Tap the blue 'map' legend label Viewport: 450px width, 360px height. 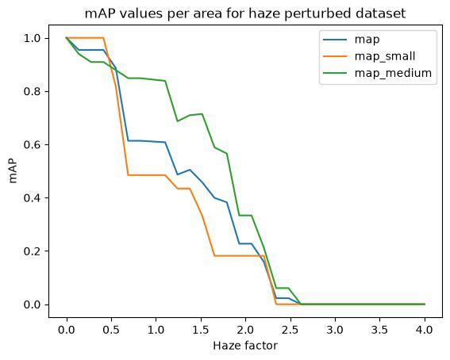coord(367,40)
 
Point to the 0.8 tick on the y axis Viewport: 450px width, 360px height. coord(32,92)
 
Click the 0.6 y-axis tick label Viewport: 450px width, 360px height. coord(32,145)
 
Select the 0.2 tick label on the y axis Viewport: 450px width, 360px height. coord(32,251)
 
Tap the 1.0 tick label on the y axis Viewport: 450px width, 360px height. coord(32,38)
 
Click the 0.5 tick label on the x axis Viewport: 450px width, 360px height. coord(111,330)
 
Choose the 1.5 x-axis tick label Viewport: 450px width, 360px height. coord(201,330)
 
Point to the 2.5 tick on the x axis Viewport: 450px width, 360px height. coord(290,330)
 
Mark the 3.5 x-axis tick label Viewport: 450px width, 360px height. coord(379,330)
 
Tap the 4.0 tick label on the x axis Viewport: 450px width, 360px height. coord(425,330)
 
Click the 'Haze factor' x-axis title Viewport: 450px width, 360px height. coord(245,346)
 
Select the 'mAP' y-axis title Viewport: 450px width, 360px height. coord(13,170)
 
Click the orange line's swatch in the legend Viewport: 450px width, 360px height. coord(335,56)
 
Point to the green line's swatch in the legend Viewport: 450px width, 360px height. coord(335,74)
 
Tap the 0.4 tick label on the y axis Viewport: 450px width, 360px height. coord(32,198)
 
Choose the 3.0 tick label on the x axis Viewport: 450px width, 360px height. coord(335,330)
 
